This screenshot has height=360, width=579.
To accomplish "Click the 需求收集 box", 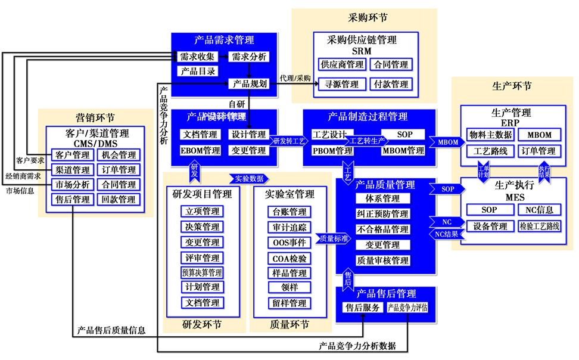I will (x=193, y=57).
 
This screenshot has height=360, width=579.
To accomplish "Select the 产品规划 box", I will (x=249, y=83).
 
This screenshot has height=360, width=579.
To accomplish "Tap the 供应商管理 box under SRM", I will (x=342, y=64).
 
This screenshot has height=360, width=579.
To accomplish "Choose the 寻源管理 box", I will (x=342, y=84).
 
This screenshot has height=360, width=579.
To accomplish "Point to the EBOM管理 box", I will (x=201, y=151).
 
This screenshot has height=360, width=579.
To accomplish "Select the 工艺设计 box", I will (x=329, y=135).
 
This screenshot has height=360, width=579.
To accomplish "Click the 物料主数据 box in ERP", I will (x=490, y=135).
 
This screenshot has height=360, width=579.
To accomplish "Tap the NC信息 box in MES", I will (x=540, y=210).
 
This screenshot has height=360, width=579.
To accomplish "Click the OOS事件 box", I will (x=289, y=243).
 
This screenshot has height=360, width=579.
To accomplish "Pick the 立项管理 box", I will (x=203, y=212).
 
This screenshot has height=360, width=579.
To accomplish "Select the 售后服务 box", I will (x=363, y=308).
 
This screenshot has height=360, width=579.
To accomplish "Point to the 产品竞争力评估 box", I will (x=408, y=308).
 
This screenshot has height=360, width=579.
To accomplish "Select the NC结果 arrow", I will (x=445, y=234).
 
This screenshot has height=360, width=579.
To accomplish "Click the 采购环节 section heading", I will (x=363, y=17).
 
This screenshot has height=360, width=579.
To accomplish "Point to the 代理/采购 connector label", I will (x=295, y=78).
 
